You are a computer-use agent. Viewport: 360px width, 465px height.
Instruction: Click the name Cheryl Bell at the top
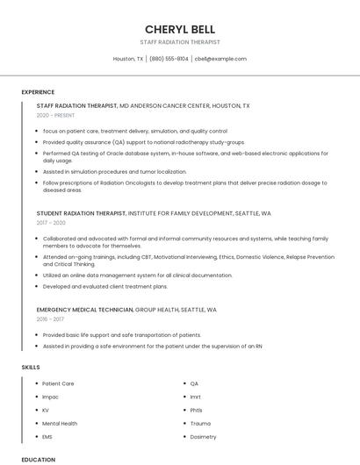pyautogui.click(x=180, y=29)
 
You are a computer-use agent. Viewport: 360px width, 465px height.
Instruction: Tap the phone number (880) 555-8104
pyautogui.click(x=169, y=59)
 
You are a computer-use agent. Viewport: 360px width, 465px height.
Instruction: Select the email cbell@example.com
pyautogui.click(x=220, y=59)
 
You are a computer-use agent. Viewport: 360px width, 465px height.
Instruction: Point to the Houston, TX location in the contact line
pyautogui.click(x=128, y=59)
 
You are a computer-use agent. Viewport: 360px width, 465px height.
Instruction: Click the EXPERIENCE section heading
pyautogui.click(x=38, y=92)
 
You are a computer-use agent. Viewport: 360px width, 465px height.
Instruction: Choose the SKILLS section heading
pyautogui.click(x=31, y=366)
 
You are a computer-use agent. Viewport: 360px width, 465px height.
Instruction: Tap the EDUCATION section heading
pyautogui.click(x=38, y=459)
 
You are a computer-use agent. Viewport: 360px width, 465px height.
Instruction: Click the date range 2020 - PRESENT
pyautogui.click(x=55, y=116)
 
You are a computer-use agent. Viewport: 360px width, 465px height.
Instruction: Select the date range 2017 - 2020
pyautogui.click(x=52, y=223)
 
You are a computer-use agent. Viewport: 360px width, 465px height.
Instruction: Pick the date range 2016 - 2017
pyautogui.click(x=52, y=319)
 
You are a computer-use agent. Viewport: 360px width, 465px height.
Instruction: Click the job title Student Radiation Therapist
pyautogui.click(x=82, y=213)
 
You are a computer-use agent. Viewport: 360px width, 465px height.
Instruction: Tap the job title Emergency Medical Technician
pyautogui.click(x=85, y=310)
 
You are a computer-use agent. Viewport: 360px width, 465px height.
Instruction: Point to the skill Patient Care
pyautogui.click(x=58, y=383)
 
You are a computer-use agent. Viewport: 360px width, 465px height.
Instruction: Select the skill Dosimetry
pyautogui.click(x=203, y=436)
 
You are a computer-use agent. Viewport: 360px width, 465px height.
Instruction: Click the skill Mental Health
pyautogui.click(x=60, y=423)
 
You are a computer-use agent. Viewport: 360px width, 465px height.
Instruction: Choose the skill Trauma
pyautogui.click(x=200, y=423)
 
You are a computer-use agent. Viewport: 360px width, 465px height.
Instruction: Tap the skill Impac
pyautogui.click(x=52, y=397)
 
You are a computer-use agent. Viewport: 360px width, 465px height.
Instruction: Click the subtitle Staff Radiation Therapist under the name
pyautogui.click(x=180, y=42)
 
